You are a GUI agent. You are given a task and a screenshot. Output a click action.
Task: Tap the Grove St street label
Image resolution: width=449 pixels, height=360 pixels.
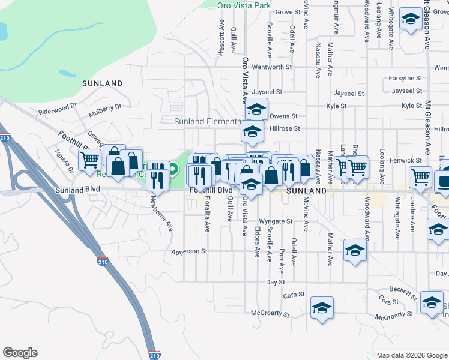(288, 12)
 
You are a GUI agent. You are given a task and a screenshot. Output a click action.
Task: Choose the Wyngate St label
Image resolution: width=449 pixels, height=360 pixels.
(276, 221)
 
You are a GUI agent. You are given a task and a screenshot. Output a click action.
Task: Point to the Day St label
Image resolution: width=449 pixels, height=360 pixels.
(275, 281)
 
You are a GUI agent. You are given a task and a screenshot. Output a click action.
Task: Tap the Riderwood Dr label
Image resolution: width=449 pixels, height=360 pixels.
(58, 108)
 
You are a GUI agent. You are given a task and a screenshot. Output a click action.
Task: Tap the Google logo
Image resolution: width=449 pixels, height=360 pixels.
(20, 353)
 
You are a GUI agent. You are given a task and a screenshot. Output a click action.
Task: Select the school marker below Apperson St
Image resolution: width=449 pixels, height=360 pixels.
(355, 250)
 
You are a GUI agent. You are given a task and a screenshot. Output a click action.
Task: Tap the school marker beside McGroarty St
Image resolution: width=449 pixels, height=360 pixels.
(322, 308)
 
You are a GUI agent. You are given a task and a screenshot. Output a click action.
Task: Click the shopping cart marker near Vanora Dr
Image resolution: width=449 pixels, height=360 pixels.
(89, 160)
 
